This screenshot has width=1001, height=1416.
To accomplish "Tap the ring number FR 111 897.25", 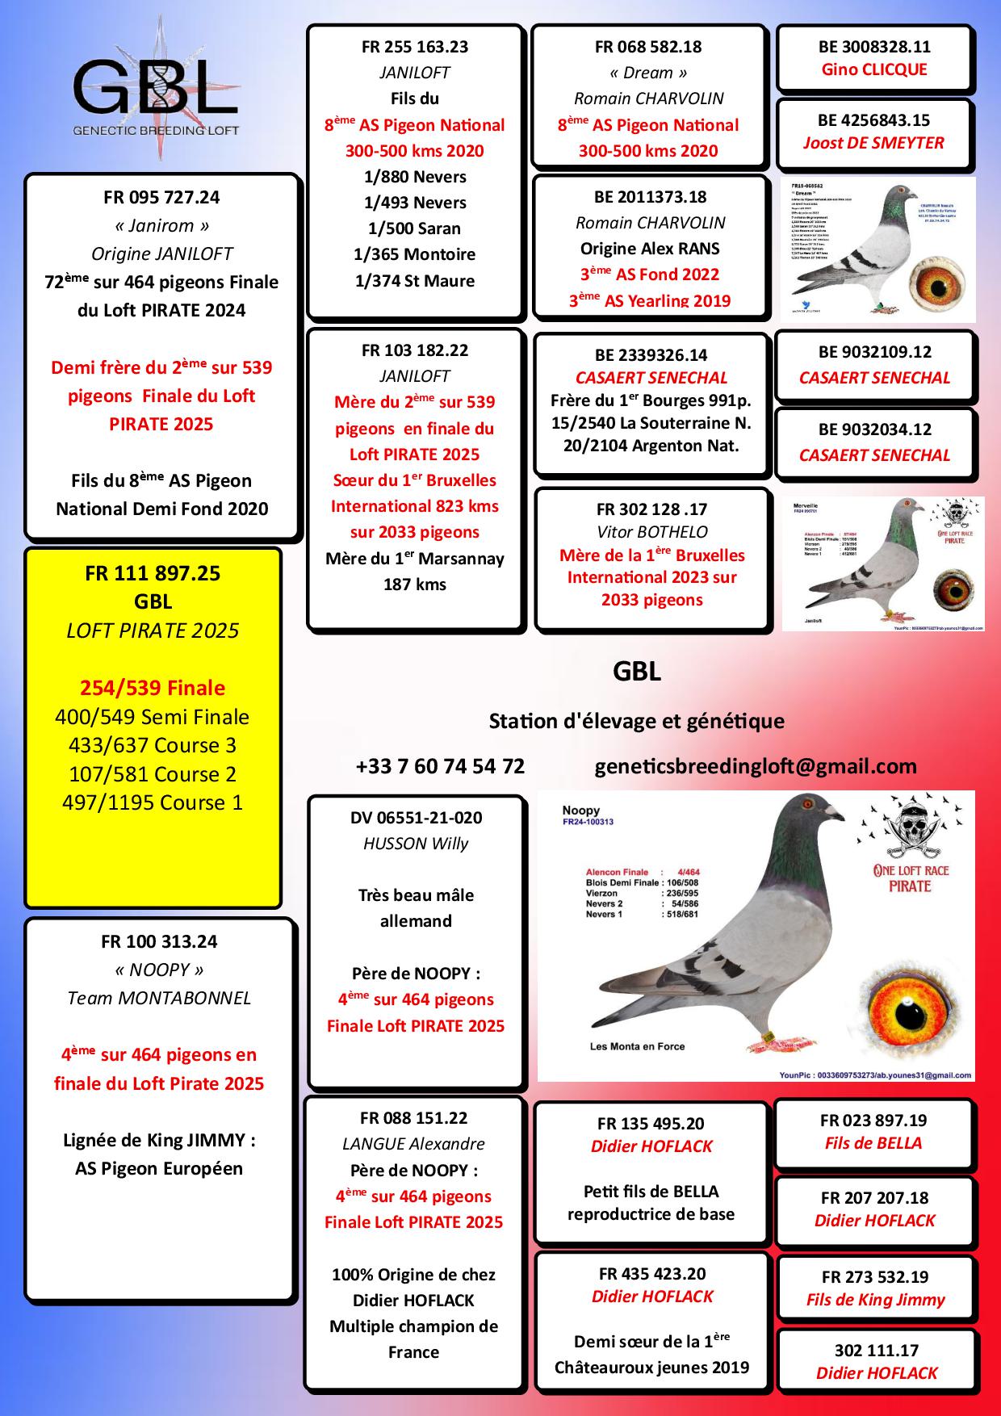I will (x=153, y=573).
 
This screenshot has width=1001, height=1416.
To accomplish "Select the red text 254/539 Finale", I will (x=153, y=688).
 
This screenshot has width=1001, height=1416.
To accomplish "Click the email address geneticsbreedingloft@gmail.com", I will (x=756, y=766).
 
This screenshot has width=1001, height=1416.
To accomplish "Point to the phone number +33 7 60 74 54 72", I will (x=440, y=766).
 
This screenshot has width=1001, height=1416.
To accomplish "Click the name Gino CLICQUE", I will (x=874, y=69).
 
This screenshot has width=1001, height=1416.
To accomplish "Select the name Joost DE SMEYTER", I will (x=873, y=143).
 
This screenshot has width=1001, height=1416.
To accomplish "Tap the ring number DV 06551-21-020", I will (x=416, y=818).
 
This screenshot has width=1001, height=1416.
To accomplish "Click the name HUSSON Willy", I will (x=416, y=844).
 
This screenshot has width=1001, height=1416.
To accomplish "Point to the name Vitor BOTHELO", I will (x=651, y=532).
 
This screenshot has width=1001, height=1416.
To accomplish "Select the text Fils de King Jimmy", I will (x=875, y=1300).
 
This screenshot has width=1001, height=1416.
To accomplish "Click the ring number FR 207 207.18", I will (x=874, y=1198).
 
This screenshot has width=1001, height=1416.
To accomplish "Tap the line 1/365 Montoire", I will (x=415, y=254).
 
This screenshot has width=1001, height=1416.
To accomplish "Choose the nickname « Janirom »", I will (x=161, y=225).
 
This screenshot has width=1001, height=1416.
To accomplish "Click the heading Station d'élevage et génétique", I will (x=636, y=721).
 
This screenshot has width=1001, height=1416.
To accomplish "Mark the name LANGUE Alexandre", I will (x=413, y=1144).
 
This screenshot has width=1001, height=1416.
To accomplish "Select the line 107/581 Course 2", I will (x=153, y=774).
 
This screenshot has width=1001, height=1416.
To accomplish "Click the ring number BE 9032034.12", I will (x=874, y=429).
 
